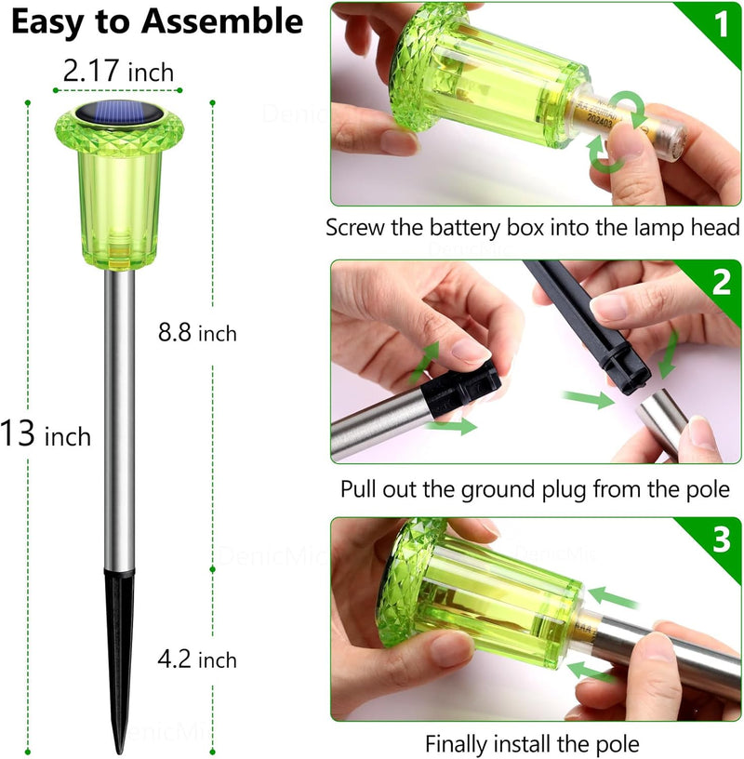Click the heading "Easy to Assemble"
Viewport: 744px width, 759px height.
156,22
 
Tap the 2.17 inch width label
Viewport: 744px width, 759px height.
118,71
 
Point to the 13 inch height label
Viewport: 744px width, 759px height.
46,433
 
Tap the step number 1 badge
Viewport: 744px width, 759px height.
720,25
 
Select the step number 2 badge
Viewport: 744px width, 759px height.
721,283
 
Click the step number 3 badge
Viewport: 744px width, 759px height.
721,541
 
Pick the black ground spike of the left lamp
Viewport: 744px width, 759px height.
119,651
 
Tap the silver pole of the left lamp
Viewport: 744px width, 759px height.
119,419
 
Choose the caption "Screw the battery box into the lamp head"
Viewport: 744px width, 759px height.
533,228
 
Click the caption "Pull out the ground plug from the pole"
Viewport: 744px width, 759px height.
535,488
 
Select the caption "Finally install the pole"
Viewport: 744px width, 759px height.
532,744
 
